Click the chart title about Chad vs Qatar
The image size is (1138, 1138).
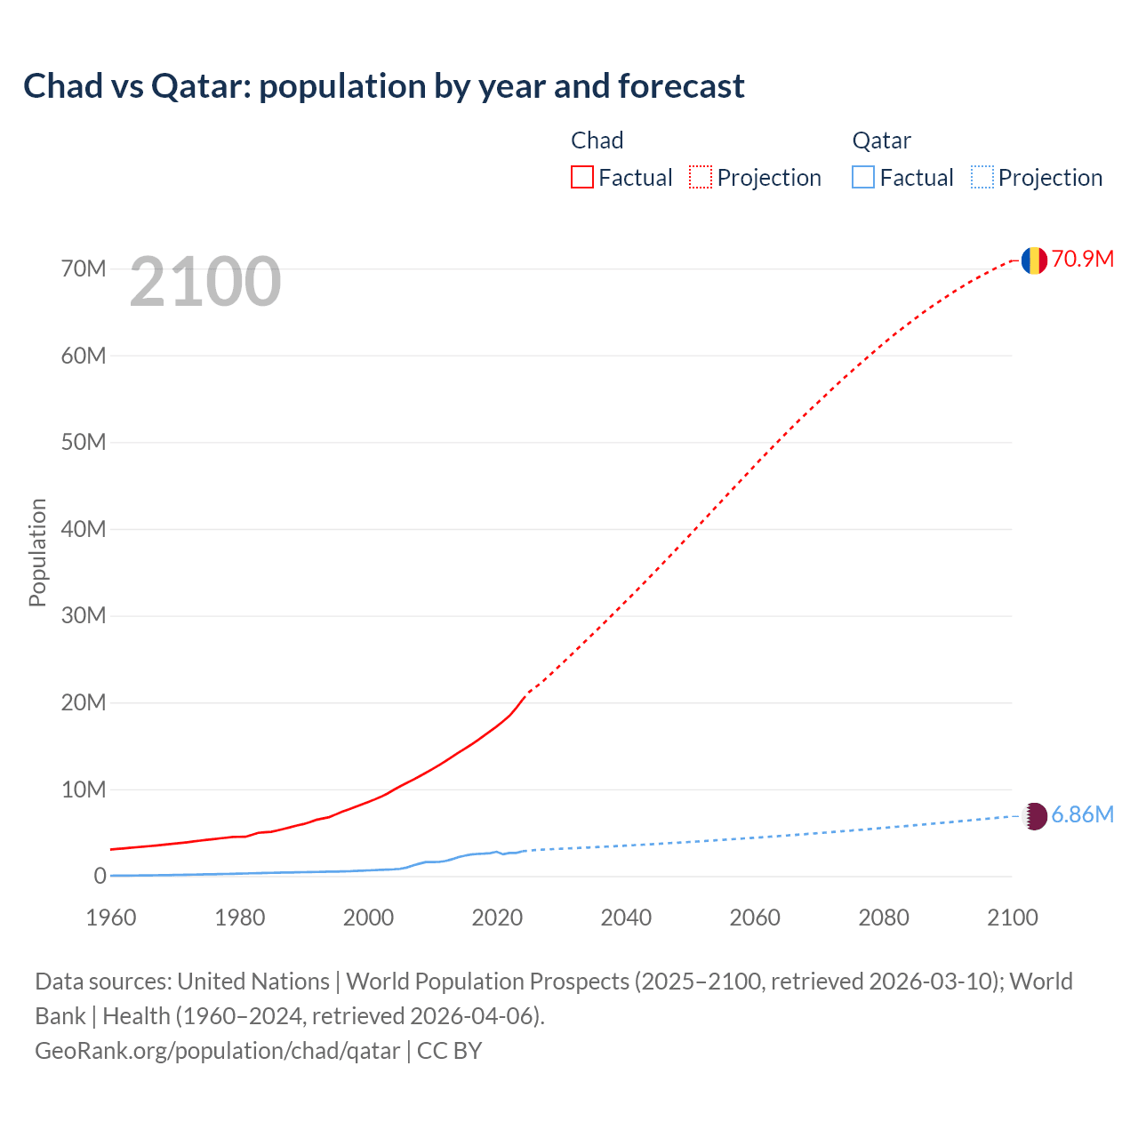(383, 86)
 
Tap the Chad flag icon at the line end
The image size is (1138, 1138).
(1033, 260)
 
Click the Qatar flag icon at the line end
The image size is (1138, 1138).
(1034, 816)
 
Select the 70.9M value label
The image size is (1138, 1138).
(1082, 259)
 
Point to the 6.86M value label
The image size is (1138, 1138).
(1082, 815)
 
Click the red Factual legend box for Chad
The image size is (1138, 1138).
(581, 177)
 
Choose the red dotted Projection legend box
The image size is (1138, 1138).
(701, 177)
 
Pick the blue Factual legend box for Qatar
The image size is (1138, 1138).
(862, 177)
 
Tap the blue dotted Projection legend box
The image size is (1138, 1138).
(982, 177)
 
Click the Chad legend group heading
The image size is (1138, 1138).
(597, 140)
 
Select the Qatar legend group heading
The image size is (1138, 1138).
(881, 140)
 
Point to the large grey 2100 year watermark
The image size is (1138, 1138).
(205, 282)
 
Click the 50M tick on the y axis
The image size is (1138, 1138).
(84, 442)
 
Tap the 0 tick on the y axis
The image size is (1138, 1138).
(100, 877)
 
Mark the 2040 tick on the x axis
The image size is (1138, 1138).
(626, 918)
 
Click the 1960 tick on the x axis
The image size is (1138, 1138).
(111, 918)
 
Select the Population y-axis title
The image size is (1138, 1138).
(37, 552)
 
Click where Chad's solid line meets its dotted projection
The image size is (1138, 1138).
(527, 693)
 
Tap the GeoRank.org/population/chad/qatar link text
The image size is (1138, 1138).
(217, 1050)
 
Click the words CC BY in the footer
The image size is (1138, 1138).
(449, 1050)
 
